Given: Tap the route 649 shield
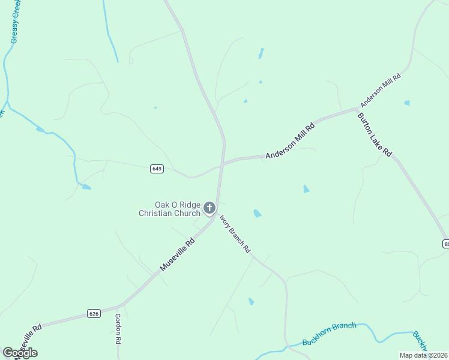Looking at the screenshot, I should [157, 169].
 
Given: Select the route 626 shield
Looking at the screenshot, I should [93, 313].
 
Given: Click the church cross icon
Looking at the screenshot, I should [209, 208].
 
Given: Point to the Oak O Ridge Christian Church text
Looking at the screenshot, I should [170, 209].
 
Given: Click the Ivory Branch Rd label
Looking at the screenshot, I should [235, 234].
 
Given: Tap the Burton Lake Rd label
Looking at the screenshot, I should [375, 135].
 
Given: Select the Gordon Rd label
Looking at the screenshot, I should [118, 329].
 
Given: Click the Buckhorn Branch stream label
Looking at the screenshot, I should [329, 334].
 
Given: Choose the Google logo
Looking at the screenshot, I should [20, 352].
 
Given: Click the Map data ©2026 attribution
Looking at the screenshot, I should [423, 355].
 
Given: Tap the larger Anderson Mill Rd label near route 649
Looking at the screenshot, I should [291, 141].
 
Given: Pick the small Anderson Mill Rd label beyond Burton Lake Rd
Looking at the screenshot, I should [380, 88].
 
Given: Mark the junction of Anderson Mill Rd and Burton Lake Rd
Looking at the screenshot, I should [358, 110].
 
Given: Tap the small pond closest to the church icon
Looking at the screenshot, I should [258, 214].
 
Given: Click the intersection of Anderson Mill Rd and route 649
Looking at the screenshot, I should [222, 163].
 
